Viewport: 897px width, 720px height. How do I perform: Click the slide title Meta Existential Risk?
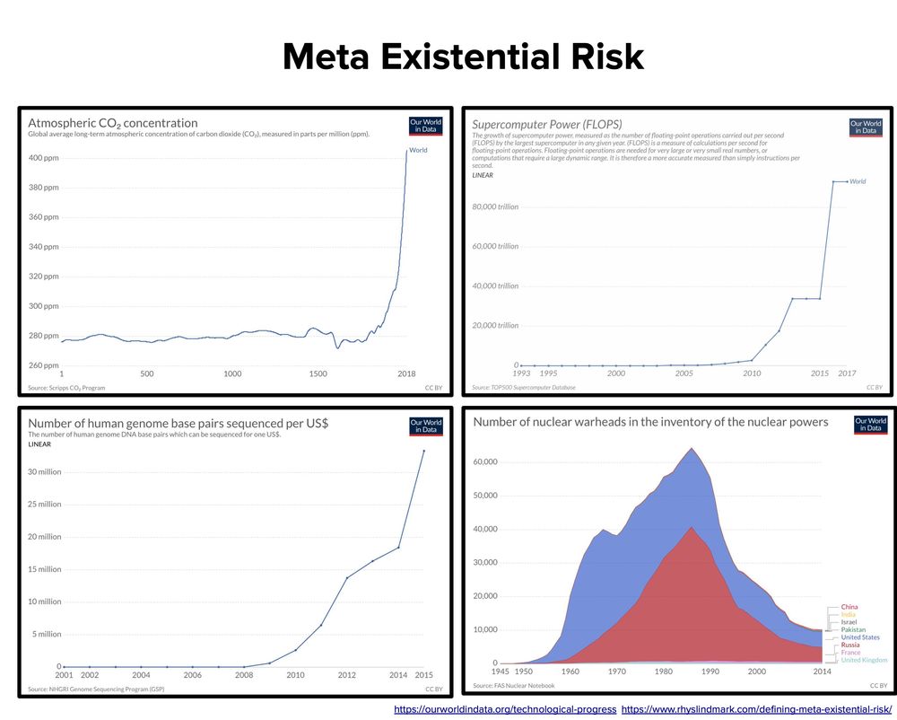[x=463, y=57]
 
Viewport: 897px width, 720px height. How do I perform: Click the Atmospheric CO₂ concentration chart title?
[x=113, y=123]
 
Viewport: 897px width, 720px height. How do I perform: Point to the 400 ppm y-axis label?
[x=44, y=158]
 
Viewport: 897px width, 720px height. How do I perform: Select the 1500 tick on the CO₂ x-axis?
[x=318, y=373]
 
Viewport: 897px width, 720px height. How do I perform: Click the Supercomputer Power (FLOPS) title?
[x=547, y=124]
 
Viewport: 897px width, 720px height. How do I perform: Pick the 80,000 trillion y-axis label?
[x=496, y=206]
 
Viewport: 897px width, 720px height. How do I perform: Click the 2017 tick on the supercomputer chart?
[x=847, y=373]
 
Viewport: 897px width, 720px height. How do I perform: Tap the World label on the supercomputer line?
[x=858, y=181]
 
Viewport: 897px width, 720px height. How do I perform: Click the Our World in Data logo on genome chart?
[x=426, y=426]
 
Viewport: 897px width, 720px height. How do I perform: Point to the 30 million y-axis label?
[x=44, y=471]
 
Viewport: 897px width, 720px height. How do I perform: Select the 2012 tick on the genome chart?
[x=347, y=674]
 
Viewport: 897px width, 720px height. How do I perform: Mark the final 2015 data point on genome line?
[x=423, y=451]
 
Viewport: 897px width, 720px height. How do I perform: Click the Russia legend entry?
[x=850, y=645]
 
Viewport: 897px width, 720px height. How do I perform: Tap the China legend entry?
[x=849, y=607]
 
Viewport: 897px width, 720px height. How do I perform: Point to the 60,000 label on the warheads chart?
[x=485, y=461]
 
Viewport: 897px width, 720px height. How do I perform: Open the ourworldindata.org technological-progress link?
[x=505, y=709]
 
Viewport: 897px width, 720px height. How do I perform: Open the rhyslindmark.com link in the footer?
[x=751, y=709]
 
